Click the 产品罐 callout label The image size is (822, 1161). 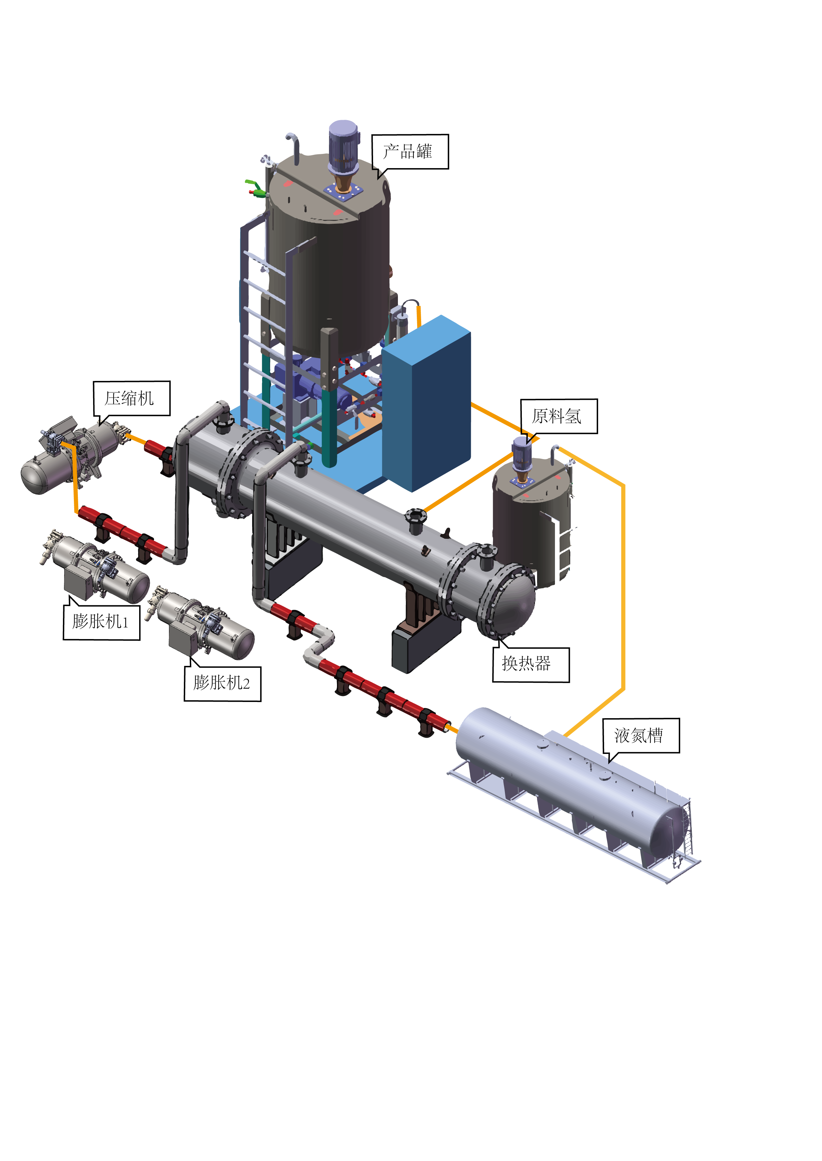tap(410, 152)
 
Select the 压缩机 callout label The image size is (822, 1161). tap(132, 398)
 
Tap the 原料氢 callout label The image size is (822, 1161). tap(559, 416)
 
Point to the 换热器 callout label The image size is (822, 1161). tap(531, 665)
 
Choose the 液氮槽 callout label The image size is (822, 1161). tap(641, 735)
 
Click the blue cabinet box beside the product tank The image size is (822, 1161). tap(426, 403)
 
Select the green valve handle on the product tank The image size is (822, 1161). tap(255, 187)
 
